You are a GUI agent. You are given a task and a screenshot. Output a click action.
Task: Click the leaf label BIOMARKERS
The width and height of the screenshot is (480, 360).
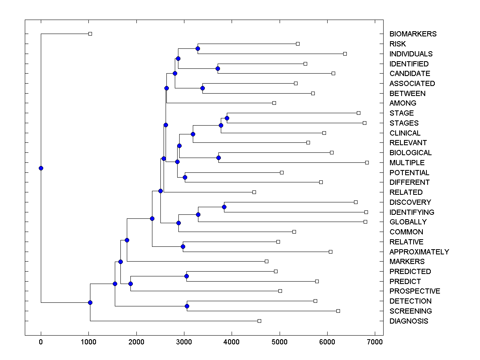tap(413, 34)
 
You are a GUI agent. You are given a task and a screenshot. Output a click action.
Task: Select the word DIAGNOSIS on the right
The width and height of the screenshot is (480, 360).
tap(408, 321)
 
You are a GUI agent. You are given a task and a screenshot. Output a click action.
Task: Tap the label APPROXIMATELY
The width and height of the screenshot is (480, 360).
tap(419, 252)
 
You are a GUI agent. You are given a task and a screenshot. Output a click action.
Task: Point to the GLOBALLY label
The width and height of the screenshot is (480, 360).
tap(408, 222)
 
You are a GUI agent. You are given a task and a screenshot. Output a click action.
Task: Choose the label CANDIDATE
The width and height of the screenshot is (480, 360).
tap(410, 74)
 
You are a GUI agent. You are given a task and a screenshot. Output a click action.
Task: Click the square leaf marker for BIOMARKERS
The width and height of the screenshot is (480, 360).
tap(90, 34)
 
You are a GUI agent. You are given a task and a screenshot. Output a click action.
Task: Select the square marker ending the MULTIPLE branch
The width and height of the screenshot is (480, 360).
tap(367, 162)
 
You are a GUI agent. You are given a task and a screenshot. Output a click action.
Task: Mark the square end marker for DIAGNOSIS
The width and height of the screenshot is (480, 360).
tap(259, 321)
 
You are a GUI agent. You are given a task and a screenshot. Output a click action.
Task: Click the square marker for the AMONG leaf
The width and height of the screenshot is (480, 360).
tap(274, 103)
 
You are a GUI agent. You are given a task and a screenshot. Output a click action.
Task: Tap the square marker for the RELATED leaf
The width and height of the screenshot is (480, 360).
tap(254, 192)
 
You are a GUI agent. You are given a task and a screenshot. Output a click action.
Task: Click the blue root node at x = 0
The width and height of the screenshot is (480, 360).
tap(41, 168)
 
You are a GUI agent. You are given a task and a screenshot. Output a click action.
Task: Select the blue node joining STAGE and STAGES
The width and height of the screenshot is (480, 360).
tap(227, 118)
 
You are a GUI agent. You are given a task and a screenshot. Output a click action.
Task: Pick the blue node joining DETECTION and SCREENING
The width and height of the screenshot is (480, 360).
tap(187, 306)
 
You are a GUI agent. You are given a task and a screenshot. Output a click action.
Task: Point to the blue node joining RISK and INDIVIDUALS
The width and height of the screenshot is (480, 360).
tap(198, 48)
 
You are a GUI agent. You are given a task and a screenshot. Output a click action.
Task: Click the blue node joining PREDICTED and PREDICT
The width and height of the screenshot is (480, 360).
tap(186, 276)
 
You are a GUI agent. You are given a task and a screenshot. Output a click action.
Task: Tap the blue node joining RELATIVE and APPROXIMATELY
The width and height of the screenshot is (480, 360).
tap(183, 246)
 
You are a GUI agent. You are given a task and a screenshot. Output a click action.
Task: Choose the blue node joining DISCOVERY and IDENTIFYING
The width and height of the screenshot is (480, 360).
tap(224, 207)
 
